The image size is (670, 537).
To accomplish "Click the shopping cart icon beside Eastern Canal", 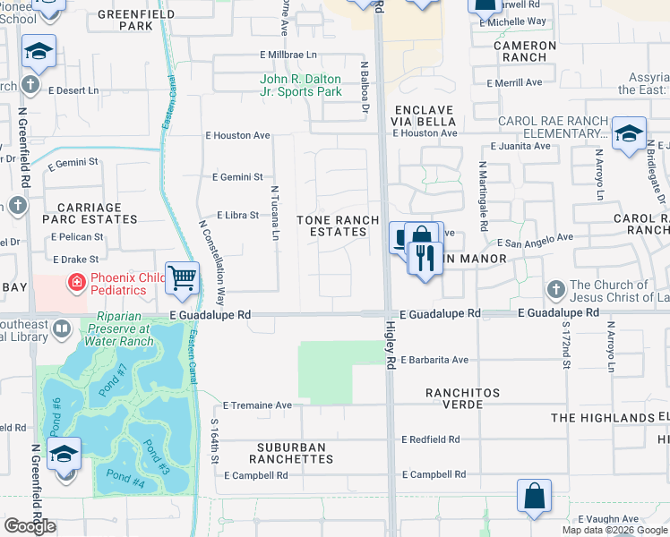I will point(182,278).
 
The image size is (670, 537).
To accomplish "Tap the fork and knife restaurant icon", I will point(425,258).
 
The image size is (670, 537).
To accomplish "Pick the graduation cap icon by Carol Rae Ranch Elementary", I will point(629,133).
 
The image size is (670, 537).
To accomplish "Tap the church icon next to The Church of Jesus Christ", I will point(556,290).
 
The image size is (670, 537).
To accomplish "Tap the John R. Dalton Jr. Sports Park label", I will point(301,85).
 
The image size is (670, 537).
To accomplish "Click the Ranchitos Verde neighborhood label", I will point(455,398).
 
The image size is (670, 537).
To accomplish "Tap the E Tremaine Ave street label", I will point(258,405).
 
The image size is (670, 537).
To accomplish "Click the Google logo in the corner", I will point(30,526).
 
